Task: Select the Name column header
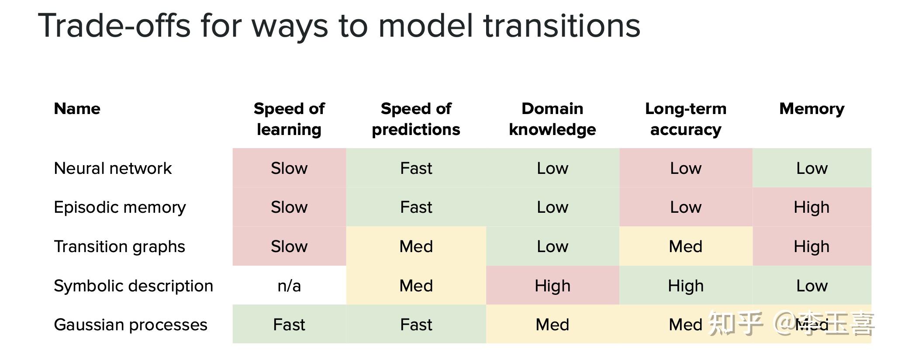pos(77,109)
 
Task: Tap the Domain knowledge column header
pos(552,119)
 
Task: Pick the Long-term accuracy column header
pos(685,119)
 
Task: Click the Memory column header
pos(812,109)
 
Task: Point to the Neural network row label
pos(113,168)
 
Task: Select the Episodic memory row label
pos(120,207)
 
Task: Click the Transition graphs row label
pos(119,246)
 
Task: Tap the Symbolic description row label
pos(133,286)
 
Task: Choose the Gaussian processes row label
pos(130,325)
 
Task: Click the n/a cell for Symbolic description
pos(289,286)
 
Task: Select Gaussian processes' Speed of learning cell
pos(289,325)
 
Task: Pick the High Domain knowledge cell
pos(552,286)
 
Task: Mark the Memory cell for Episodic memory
pos(812,207)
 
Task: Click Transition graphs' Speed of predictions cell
pos(416,246)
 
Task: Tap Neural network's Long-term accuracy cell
pos(685,168)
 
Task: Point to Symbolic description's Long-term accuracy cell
pos(685,286)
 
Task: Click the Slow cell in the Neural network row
pos(289,168)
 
